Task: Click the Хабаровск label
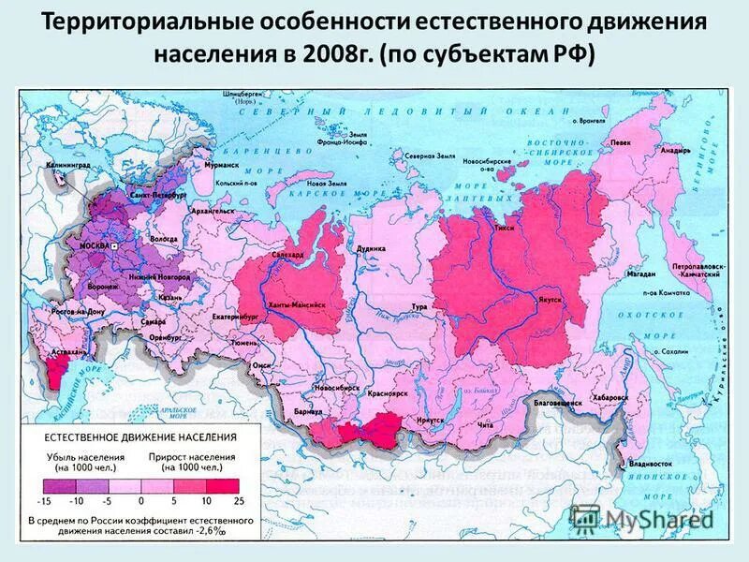(x=609, y=397)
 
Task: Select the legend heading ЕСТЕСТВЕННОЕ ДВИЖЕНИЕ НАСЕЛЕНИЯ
(x=137, y=436)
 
